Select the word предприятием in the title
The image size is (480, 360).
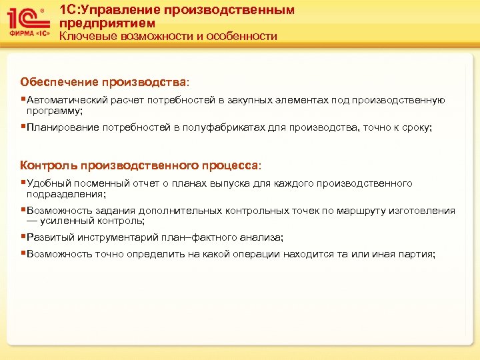coord(108,23)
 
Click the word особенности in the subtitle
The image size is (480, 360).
coord(244,36)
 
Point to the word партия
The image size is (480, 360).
coord(417,254)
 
